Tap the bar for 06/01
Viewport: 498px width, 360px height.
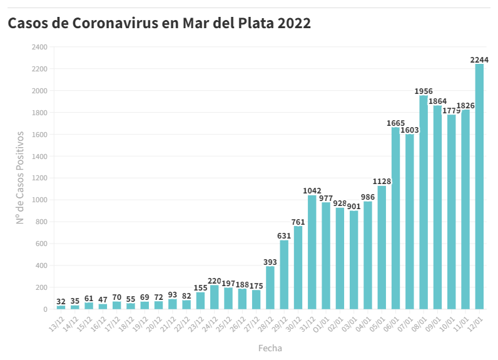click(x=395, y=219)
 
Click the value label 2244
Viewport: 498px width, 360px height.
click(x=479, y=60)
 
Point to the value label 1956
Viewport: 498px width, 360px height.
click(x=424, y=91)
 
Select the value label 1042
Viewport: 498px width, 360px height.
click(x=312, y=191)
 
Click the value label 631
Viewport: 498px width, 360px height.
click(x=284, y=236)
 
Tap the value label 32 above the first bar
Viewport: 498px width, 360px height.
click(x=61, y=302)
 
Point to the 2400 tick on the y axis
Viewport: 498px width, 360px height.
click(x=39, y=47)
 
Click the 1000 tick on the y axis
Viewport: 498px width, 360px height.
click(x=39, y=200)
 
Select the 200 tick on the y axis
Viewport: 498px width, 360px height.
click(x=41, y=287)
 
